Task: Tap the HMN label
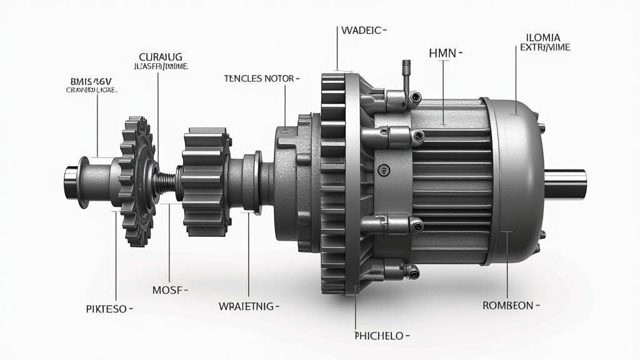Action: (x=444, y=54)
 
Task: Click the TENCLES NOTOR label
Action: (x=261, y=79)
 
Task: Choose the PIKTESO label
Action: (x=108, y=309)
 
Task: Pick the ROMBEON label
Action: (x=509, y=306)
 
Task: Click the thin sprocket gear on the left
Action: (x=136, y=180)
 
